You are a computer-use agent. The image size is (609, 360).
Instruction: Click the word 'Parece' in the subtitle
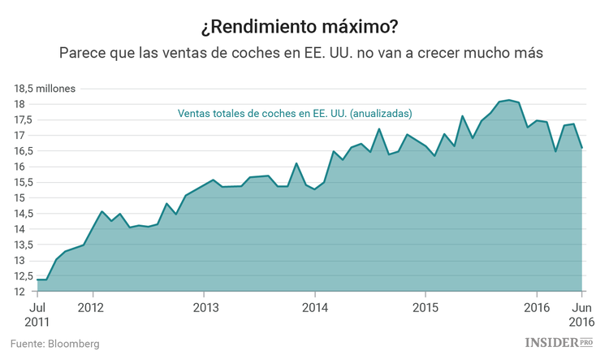[81, 53]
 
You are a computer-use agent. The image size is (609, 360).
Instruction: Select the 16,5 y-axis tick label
[23, 151]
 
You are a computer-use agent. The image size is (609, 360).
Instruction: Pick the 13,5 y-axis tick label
[23, 245]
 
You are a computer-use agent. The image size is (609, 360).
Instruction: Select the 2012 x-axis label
[92, 308]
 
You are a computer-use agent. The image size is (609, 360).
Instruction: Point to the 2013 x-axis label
[205, 308]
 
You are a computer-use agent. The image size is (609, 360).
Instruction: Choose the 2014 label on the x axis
[315, 308]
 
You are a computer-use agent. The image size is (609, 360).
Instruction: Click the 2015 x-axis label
[425, 308]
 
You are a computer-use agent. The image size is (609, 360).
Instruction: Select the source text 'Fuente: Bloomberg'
[54, 344]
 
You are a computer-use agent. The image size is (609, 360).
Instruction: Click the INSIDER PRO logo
[559, 343]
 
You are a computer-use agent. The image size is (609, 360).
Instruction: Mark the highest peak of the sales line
[508, 100]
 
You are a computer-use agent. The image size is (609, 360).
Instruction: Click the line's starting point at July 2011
[38, 280]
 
